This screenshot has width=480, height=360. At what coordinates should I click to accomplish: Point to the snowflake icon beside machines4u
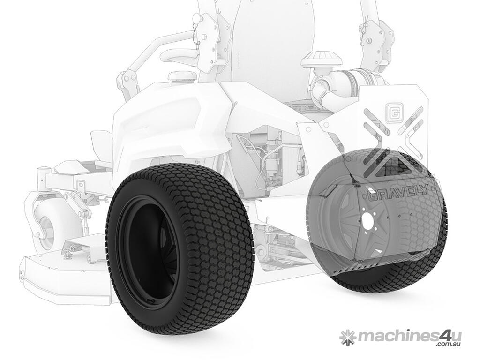346,338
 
